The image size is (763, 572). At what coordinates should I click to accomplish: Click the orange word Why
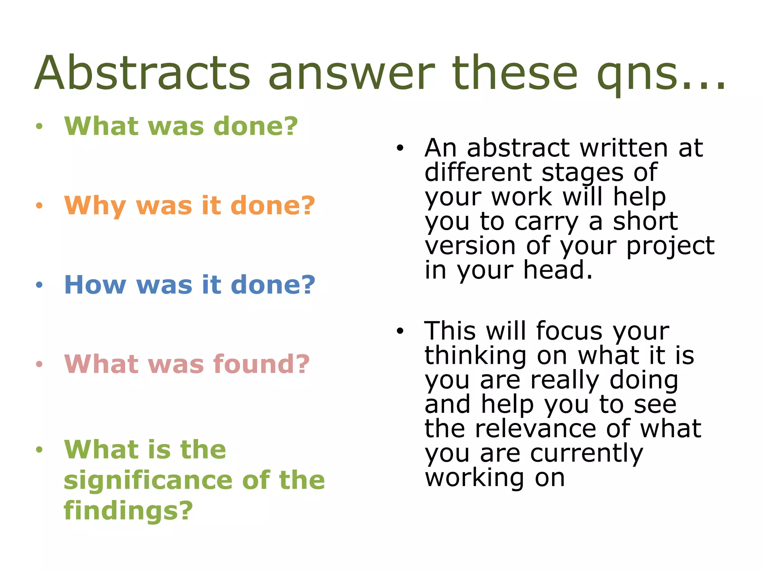pos(95,206)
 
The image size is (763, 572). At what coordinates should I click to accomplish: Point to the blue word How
pos(95,285)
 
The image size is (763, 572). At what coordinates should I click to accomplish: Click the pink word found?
pos(261,364)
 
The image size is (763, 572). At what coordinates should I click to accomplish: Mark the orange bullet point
pos(39,206)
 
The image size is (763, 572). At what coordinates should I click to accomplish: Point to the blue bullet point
pos(39,285)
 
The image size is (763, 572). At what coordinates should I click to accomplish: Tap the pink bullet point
pos(39,364)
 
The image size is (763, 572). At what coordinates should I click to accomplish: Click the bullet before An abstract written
pos(400,148)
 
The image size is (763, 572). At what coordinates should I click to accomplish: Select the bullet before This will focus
pos(400,331)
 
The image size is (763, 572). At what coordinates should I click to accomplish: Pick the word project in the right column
pos(670,246)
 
